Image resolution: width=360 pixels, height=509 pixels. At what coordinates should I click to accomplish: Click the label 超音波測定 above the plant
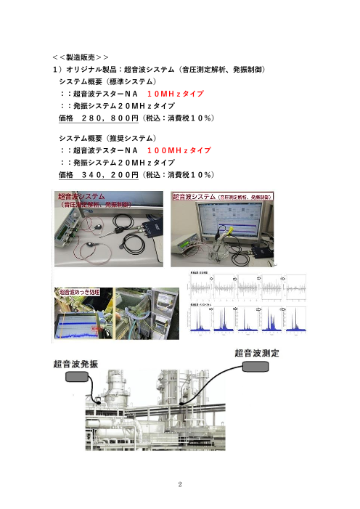pos(258,352)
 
